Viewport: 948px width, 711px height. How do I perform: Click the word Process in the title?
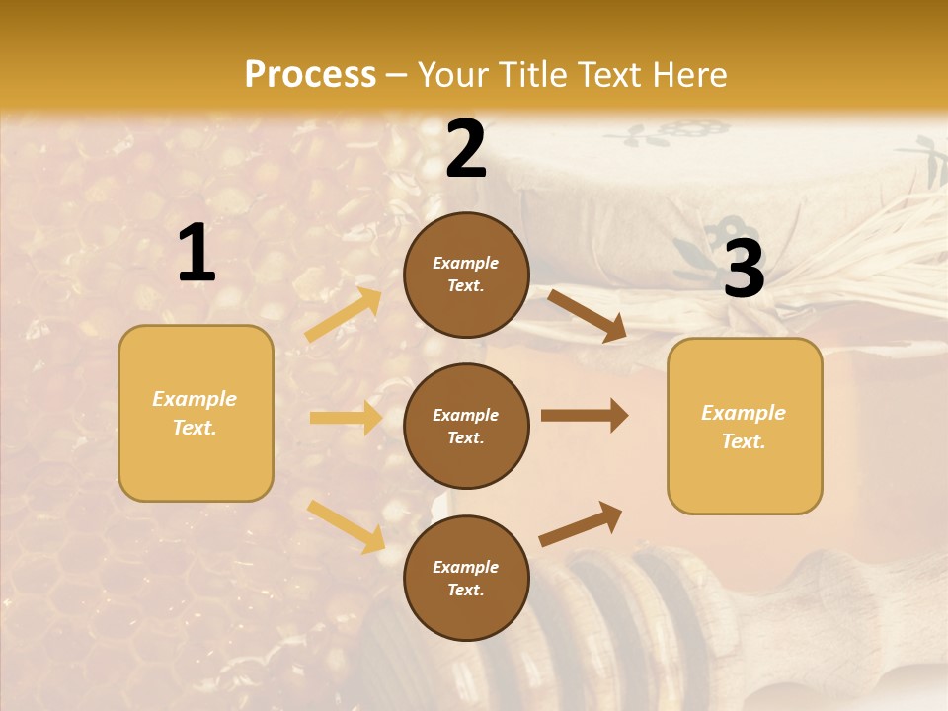click(310, 74)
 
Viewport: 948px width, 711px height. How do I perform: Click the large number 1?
click(197, 254)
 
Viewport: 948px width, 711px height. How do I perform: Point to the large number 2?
click(466, 150)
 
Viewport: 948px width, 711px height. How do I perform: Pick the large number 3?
click(744, 269)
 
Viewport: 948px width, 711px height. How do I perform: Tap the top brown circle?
click(466, 275)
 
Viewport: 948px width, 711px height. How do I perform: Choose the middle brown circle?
click(466, 427)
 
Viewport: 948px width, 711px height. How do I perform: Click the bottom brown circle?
click(466, 579)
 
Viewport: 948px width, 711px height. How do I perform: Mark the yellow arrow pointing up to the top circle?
click(344, 315)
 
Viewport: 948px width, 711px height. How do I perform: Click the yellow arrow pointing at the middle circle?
click(346, 418)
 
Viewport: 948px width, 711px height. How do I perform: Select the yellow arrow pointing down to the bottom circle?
click(347, 526)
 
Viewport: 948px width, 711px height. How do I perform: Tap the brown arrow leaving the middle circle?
click(584, 416)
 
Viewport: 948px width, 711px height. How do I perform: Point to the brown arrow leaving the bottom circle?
click(581, 523)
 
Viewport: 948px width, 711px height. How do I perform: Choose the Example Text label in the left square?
click(195, 413)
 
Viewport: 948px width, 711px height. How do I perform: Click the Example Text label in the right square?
click(744, 427)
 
